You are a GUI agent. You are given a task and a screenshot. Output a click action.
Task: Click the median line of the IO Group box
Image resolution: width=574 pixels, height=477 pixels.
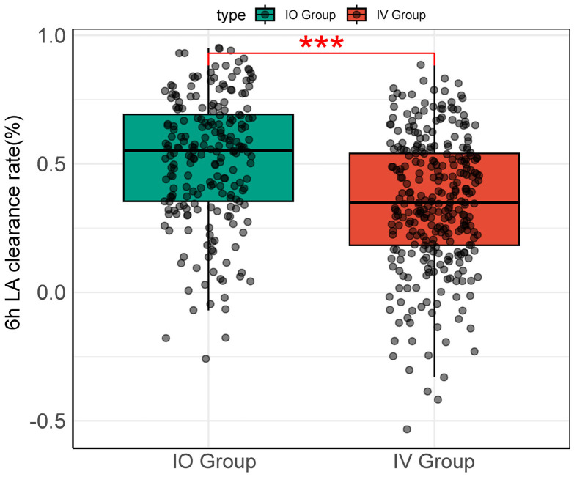[208, 150]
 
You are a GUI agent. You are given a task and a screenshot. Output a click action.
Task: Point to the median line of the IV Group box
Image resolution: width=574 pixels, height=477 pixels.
[434, 202]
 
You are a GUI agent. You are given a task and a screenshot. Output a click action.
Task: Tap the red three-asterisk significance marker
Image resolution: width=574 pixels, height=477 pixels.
[321, 45]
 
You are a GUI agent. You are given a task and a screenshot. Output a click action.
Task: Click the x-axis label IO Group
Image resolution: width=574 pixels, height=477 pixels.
[208, 462]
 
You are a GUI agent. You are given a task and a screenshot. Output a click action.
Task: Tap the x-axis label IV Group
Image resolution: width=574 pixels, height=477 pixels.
[434, 462]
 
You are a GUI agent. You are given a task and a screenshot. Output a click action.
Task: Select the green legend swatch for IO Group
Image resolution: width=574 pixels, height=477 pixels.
[265, 14]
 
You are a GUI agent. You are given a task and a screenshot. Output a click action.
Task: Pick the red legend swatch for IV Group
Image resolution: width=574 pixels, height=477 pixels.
[357, 14]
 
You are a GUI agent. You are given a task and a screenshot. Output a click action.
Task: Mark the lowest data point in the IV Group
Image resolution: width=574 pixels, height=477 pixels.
[407, 429]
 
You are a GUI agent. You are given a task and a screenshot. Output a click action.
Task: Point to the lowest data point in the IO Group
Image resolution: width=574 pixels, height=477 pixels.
[206, 358]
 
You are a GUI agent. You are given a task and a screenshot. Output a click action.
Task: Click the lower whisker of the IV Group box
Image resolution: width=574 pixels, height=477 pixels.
[434, 330]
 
